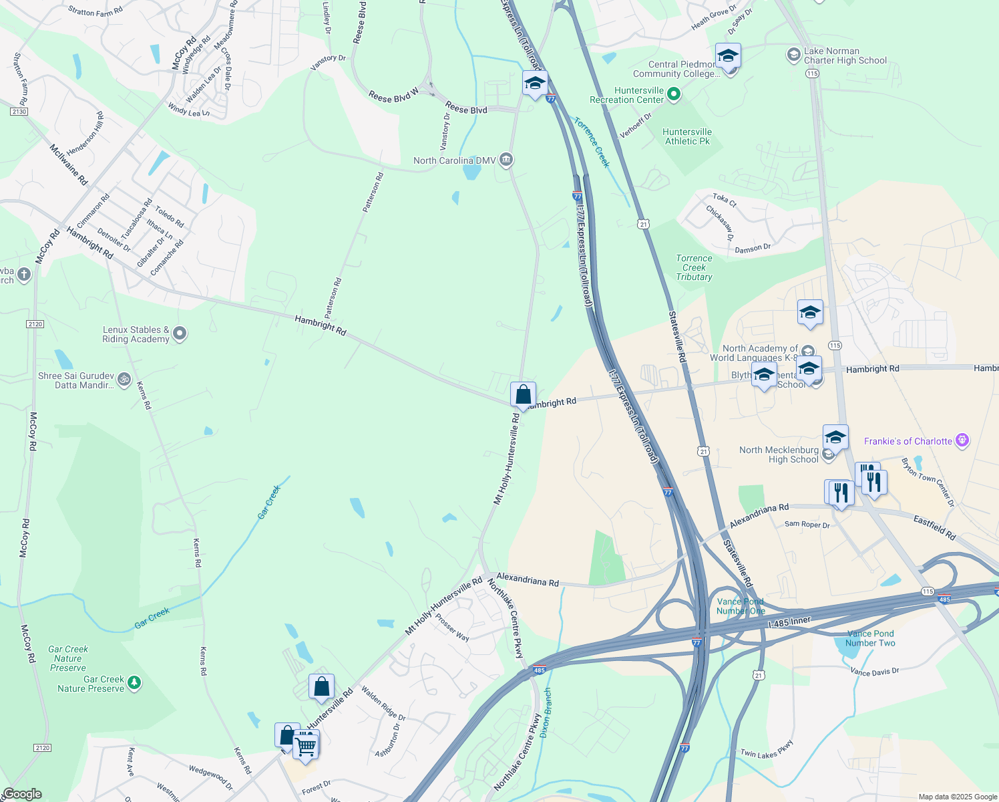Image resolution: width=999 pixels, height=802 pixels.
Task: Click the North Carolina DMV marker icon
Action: click(507, 160)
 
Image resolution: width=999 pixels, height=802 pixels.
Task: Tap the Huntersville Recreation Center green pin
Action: click(674, 94)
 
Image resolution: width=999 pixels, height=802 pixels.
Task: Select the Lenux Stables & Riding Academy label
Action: click(136, 334)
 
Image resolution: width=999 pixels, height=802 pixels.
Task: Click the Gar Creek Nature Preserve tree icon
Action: click(135, 682)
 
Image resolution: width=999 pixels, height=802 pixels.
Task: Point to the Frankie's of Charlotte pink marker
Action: click(962, 440)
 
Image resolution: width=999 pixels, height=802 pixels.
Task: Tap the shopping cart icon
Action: click(306, 745)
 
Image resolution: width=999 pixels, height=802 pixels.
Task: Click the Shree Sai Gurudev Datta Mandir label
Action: click(76, 380)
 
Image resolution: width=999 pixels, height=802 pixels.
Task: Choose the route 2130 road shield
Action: click(19, 112)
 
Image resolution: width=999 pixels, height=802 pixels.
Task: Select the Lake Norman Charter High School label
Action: click(845, 55)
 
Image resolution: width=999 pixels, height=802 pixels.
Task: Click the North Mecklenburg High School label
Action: click(779, 454)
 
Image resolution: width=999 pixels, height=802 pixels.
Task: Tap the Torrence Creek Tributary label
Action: click(694, 267)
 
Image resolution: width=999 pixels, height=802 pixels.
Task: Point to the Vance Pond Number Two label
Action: click(870, 638)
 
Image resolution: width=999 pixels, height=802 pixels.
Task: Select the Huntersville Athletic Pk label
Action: click(687, 136)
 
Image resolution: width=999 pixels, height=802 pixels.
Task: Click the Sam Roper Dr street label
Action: click(807, 525)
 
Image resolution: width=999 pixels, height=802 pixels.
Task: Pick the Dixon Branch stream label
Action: click(546, 712)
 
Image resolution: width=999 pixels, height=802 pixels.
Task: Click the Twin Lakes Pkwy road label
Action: click(767, 750)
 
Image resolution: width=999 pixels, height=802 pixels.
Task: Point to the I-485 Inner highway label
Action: click(789, 622)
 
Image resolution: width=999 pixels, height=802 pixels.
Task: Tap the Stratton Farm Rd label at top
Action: click(95, 11)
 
